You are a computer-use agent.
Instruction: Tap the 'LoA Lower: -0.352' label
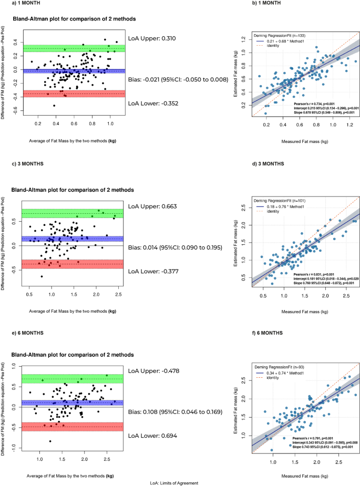pyautogui.click(x=153, y=104)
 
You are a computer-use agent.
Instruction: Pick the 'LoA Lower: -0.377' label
pyautogui.click(x=153, y=257)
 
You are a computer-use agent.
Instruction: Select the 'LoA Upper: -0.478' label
pyautogui.click(x=153, y=371)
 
